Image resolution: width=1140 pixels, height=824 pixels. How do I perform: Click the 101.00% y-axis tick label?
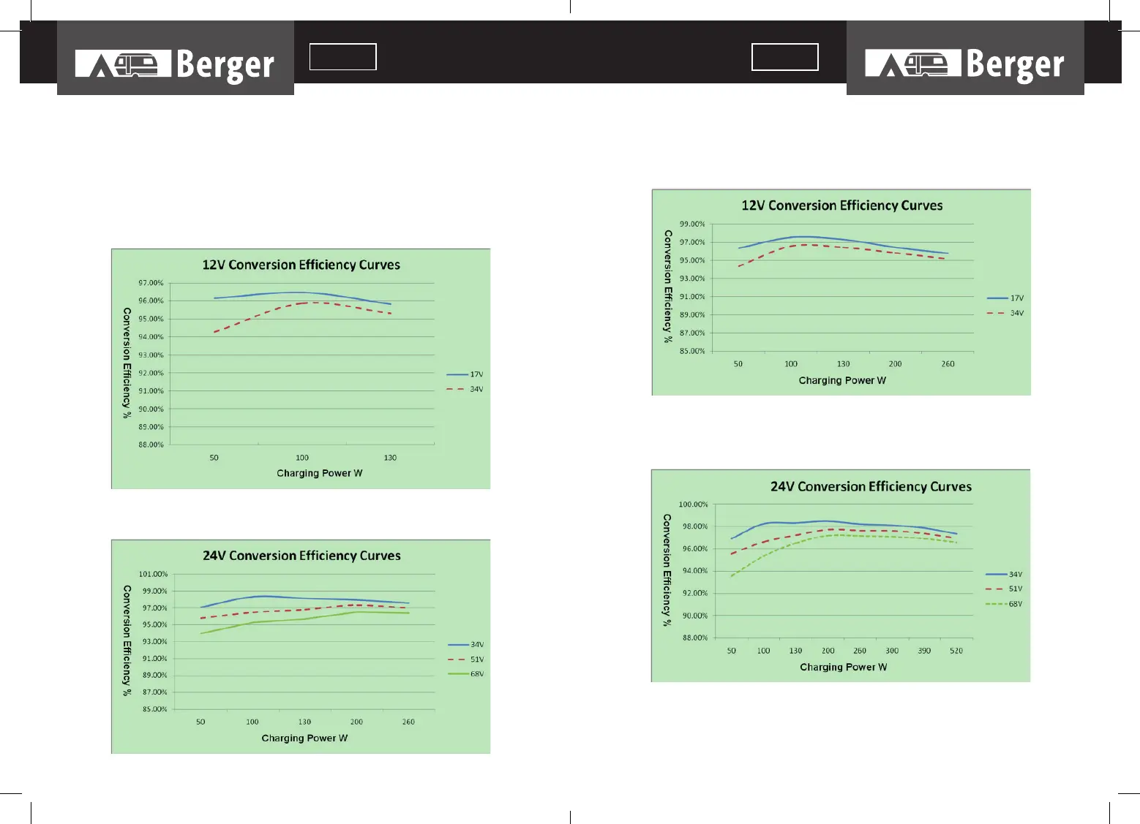153,574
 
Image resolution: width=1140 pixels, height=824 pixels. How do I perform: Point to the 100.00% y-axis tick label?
693,504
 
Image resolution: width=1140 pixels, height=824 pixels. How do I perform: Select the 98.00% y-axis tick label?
694,526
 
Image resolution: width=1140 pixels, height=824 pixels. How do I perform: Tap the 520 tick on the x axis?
956,651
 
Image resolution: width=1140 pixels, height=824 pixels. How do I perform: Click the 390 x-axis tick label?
924,651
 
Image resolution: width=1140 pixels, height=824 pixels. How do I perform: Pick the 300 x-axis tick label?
892,651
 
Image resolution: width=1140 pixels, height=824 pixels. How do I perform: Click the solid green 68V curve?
307,619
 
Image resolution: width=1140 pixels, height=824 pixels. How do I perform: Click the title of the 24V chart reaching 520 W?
871,487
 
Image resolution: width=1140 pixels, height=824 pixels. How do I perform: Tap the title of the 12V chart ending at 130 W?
301,265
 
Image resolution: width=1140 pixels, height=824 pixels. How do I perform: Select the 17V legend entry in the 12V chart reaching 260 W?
1005,298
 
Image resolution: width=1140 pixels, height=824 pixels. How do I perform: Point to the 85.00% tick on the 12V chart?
692,351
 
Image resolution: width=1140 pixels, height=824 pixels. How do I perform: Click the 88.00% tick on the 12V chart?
151,445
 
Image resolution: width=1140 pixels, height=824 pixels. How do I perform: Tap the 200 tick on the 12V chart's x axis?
895,364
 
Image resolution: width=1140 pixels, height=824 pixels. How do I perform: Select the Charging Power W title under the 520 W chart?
843,667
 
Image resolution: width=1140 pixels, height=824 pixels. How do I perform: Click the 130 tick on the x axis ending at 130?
390,458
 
